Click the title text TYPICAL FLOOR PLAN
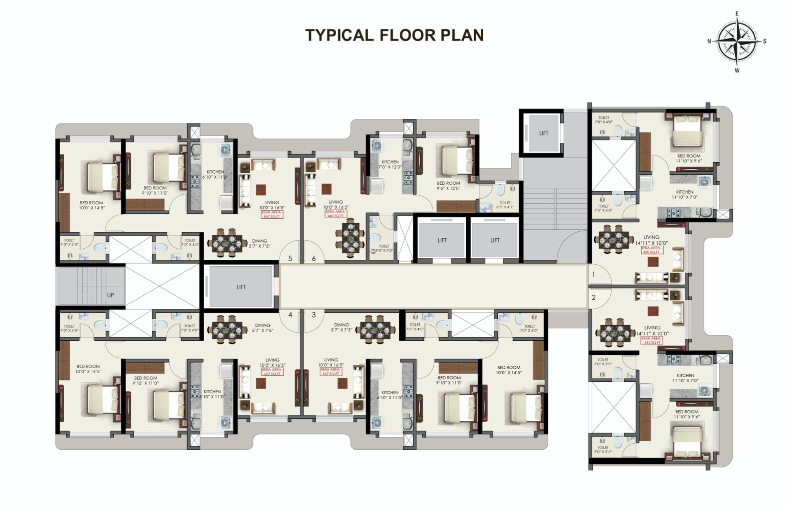394,35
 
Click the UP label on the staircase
110,295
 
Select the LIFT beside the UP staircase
241,287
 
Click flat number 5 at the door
290,259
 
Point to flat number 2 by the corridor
594,298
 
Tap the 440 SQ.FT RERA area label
335,214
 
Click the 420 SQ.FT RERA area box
652,250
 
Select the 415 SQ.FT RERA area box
652,341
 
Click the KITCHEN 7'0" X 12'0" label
390,164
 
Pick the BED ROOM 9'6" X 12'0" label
448,186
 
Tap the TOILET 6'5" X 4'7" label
505,205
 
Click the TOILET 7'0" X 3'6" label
603,450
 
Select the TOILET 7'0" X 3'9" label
603,362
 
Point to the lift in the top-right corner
543,133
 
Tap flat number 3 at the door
313,315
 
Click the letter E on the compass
737,14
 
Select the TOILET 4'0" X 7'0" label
384,248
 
